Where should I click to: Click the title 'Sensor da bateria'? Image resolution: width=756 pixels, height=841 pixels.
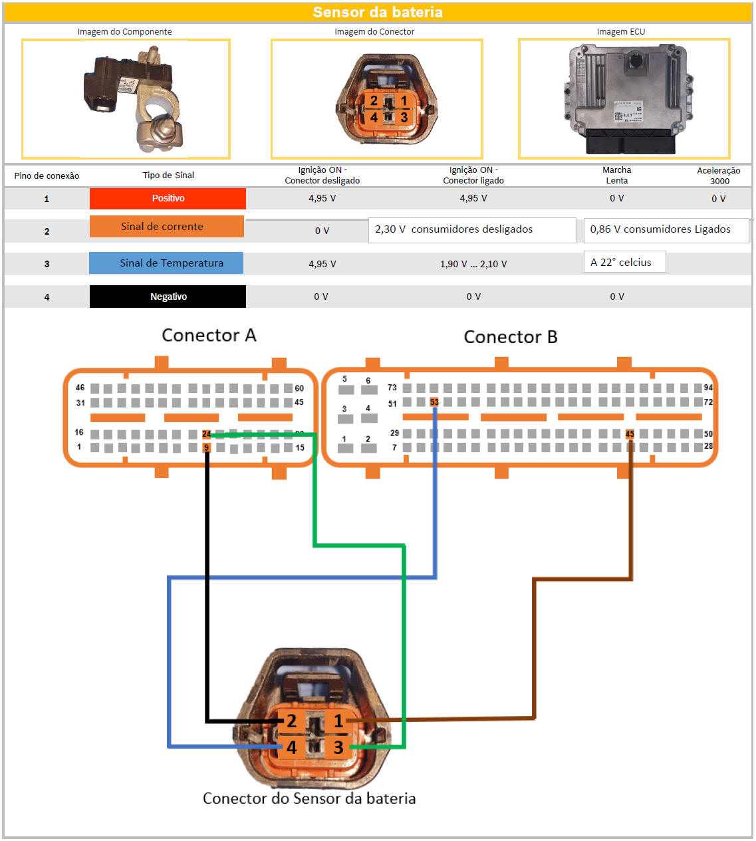tap(378, 13)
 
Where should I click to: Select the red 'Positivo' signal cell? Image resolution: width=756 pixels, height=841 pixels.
tap(168, 198)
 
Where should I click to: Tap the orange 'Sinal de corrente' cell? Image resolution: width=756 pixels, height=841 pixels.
tap(166, 227)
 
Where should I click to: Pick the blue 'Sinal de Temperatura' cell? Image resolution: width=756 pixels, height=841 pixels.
tap(166, 263)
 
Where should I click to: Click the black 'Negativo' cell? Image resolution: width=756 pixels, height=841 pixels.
tap(168, 297)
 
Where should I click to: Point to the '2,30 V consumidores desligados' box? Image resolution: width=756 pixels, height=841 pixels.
tap(471, 229)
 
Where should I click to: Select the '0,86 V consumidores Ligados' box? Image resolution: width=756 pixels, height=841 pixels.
tap(666, 229)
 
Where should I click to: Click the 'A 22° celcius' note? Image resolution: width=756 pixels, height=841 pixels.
tap(624, 262)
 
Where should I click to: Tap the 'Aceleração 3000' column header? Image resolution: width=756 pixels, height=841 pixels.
tap(719, 176)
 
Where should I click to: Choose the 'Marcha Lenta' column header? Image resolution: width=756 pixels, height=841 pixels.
tap(616, 175)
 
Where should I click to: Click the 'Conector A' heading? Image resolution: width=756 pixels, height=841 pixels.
tap(209, 335)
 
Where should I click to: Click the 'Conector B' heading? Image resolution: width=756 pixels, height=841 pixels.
tap(510, 337)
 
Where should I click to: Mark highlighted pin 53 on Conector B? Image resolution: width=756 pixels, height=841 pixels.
tap(434, 402)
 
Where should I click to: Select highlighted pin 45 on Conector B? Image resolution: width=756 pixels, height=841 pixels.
tap(630, 434)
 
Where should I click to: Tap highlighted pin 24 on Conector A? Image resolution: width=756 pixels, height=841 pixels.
tap(206, 434)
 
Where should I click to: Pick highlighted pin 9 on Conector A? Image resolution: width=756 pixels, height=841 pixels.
tap(206, 447)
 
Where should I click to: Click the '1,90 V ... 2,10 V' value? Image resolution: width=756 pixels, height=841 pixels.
tap(473, 264)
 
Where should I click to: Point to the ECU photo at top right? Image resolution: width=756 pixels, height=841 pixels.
tap(624, 98)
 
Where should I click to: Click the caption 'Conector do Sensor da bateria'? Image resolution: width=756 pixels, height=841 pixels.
tap(309, 798)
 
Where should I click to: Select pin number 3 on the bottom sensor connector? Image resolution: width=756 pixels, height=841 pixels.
tap(338, 747)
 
